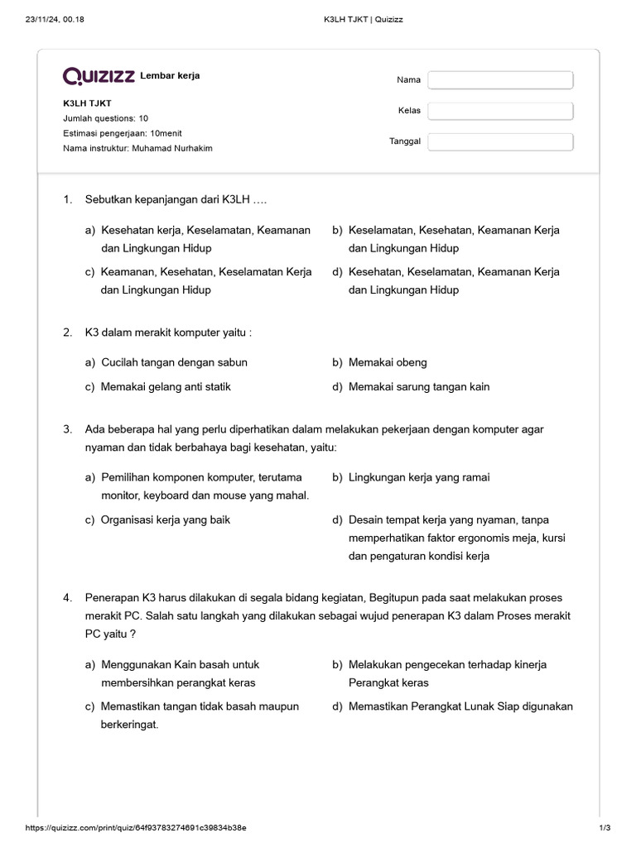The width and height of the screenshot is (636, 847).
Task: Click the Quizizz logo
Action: (x=99, y=77)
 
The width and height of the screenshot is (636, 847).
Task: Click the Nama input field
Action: (x=500, y=80)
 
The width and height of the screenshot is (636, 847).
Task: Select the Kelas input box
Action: (x=500, y=111)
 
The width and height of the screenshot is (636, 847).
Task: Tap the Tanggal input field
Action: (x=500, y=141)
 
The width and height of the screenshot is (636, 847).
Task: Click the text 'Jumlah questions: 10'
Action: (x=106, y=118)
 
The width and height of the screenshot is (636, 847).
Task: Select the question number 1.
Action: (x=67, y=200)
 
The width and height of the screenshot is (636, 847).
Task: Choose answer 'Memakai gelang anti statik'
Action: (x=166, y=386)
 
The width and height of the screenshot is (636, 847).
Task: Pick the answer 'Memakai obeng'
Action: (x=388, y=362)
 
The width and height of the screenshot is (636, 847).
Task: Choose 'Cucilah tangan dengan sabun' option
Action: (x=174, y=362)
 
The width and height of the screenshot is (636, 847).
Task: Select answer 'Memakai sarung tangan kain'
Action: (x=419, y=386)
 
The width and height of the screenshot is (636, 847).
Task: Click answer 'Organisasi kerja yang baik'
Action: (x=166, y=520)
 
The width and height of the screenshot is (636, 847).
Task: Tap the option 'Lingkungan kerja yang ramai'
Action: (x=419, y=477)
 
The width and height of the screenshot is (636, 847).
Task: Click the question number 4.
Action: (x=67, y=597)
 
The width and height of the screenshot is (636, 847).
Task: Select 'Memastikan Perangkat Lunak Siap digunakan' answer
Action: (x=460, y=706)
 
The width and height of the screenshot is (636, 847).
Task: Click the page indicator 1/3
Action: (x=604, y=828)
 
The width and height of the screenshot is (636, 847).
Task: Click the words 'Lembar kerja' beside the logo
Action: (x=170, y=76)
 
